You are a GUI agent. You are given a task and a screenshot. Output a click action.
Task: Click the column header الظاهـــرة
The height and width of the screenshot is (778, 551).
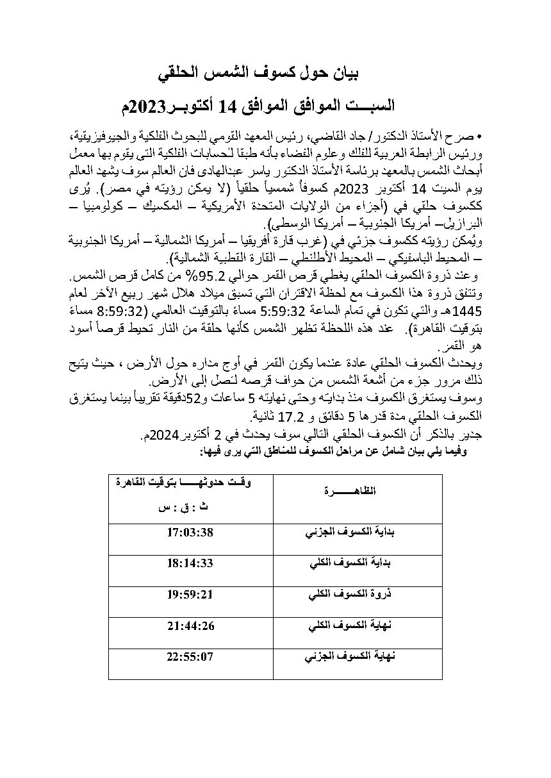click(x=357, y=491)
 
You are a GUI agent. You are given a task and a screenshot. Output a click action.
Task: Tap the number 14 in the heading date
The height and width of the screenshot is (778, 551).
click(x=227, y=106)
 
